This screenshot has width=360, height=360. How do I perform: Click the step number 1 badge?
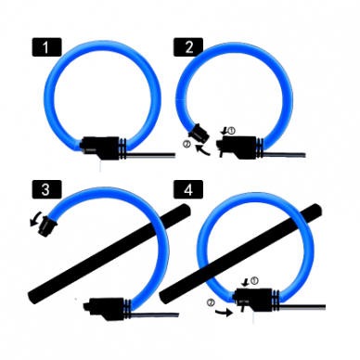(46, 47)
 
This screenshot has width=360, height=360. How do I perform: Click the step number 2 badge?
(188, 47)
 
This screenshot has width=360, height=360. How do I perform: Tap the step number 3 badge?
(46, 189)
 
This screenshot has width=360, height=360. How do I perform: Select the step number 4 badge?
(188, 189)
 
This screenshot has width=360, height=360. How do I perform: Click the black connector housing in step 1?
(100, 148)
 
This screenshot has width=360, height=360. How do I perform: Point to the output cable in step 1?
(150, 155)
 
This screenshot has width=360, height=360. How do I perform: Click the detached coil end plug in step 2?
(199, 132)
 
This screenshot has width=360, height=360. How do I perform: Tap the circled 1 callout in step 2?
(231, 131)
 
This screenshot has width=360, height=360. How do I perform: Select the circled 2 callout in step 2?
(186, 144)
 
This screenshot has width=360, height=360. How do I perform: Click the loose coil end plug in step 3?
(47, 225)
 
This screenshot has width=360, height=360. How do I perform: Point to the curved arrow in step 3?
(35, 219)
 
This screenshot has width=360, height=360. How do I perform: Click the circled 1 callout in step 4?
(253, 280)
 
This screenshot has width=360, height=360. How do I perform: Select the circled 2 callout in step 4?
(211, 302)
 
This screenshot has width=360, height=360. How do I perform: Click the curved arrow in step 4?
(224, 312)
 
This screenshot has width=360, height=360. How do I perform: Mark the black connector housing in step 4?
(254, 300)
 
